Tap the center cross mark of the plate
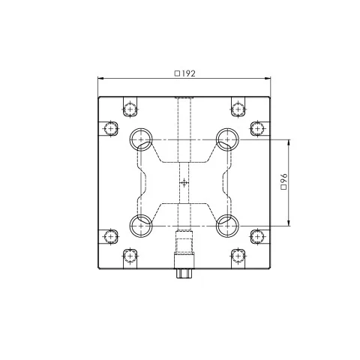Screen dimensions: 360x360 (184, 183)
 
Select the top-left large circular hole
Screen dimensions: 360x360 (141, 139)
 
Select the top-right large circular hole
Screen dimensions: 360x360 (227, 139)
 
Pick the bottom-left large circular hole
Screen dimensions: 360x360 (141, 226)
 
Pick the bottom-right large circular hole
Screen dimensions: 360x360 (227, 226)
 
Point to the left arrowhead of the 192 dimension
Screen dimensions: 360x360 (100, 79)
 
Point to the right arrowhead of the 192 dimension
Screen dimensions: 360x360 (268, 79)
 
